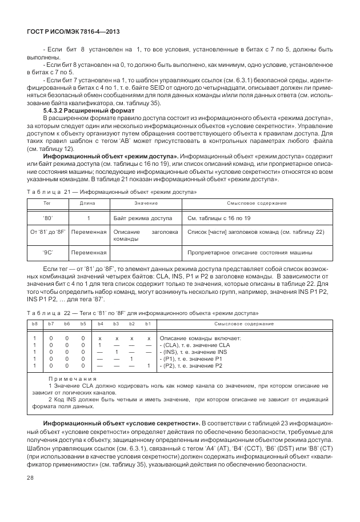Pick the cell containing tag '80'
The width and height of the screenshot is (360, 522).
(x=47, y=218)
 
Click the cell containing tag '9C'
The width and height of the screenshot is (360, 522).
(x=47, y=252)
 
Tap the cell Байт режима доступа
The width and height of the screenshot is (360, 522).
(x=143, y=218)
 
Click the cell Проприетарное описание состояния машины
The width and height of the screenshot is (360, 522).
(x=249, y=252)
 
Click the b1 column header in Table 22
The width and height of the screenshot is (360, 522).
(x=148, y=325)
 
